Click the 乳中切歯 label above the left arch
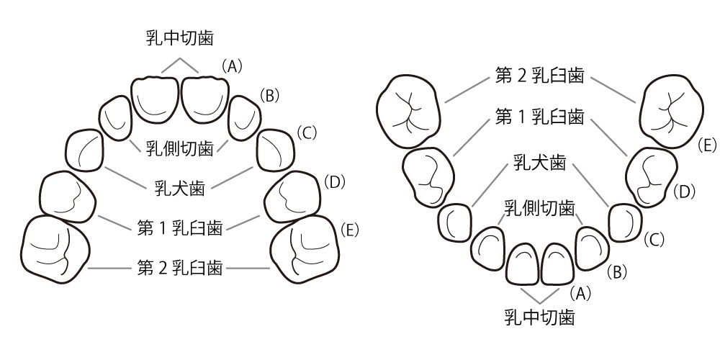[x=180, y=39]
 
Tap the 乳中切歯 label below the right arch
[x=539, y=318]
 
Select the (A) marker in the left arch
[x=232, y=67]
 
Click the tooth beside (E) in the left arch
[x=305, y=248]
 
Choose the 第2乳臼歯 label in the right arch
[x=539, y=76]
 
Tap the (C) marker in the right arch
[x=654, y=240]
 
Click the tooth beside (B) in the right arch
[x=593, y=248]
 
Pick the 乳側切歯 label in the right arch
[x=539, y=209]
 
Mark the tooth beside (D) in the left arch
[x=293, y=194]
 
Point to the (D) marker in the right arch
[x=685, y=192]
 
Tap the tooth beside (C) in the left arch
[x=276, y=150]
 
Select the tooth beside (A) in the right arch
[x=558, y=263]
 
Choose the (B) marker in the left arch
[x=269, y=96]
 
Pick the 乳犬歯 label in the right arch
[x=539, y=163]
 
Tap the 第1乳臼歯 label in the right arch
[x=539, y=117]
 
